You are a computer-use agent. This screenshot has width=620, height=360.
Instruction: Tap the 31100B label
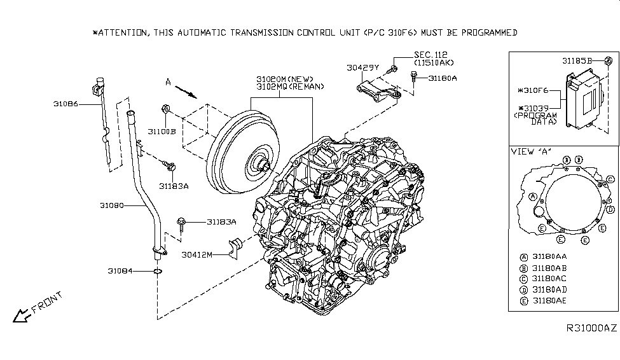[162, 131]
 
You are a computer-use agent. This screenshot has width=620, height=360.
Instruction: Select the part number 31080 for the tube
[112, 206]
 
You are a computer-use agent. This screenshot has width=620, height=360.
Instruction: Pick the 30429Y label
[363, 67]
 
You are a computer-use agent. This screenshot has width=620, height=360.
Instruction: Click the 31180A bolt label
[443, 78]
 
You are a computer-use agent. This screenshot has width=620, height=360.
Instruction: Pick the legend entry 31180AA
[549, 256]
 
